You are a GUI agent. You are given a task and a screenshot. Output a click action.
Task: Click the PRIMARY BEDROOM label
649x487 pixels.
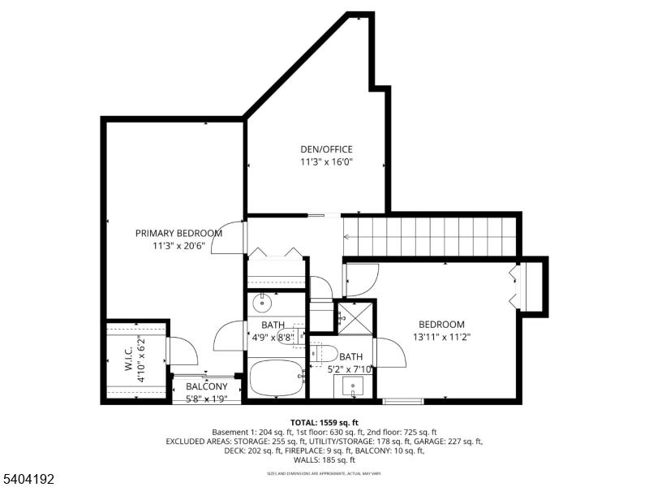[178, 233]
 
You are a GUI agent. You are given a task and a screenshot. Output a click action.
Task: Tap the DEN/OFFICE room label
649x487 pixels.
[326, 149]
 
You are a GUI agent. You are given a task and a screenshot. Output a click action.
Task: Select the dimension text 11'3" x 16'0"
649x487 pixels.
[326, 162]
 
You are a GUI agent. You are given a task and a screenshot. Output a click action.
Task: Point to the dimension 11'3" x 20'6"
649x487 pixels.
[178, 246]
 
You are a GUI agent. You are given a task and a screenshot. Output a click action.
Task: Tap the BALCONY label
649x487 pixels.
[206, 386]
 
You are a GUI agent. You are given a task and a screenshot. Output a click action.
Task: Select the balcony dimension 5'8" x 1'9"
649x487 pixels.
[206, 399]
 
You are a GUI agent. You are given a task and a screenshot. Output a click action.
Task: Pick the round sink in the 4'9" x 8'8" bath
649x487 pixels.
[262, 304]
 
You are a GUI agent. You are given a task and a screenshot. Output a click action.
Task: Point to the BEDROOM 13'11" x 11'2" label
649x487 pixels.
[441, 325]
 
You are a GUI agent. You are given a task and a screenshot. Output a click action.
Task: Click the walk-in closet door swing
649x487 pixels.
[183, 351]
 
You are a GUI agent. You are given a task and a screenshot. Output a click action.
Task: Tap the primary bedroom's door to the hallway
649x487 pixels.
[229, 239]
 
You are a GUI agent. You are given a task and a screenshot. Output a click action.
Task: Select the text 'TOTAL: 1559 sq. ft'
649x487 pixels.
[324, 423]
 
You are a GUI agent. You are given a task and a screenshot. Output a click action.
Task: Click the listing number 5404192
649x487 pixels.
[28, 480]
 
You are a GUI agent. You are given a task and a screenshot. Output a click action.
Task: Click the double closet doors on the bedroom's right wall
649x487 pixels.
[514, 286]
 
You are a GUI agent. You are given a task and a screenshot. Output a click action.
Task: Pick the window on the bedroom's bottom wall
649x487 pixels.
[403, 400]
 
